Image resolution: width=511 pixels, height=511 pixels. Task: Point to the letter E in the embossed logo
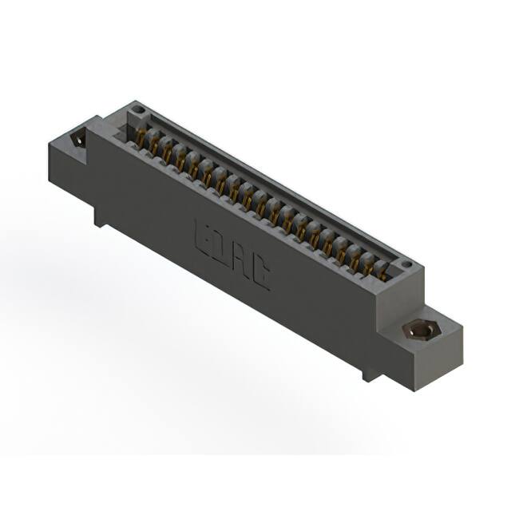tap(204, 238)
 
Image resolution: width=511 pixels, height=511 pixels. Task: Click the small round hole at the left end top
tap(137, 109)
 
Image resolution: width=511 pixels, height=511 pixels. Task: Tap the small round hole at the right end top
tap(406, 264)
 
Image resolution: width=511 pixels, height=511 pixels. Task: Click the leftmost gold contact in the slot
tap(143, 138)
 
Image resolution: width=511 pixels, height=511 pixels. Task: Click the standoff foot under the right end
tap(368, 371)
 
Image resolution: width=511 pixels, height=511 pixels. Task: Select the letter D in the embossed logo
tap(221, 250)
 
